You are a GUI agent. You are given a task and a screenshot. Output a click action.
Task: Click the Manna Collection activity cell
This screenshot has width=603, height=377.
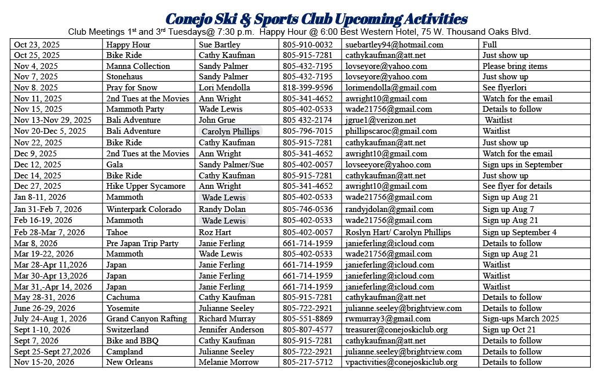[138, 66]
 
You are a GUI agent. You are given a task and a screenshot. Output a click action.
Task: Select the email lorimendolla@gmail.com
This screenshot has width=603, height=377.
[391, 87]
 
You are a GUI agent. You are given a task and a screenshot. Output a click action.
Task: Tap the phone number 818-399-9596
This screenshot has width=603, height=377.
[307, 87]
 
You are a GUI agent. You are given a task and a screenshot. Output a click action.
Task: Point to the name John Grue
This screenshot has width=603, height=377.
[217, 120]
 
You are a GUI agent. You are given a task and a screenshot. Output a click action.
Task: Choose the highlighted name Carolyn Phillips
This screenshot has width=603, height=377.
[231, 131]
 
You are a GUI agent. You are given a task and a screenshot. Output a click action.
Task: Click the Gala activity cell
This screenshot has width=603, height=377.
[115, 164]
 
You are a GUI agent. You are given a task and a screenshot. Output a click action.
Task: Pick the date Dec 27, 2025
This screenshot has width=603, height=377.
[38, 186]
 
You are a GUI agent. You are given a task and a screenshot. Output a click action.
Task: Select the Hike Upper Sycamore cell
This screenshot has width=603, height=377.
[146, 186]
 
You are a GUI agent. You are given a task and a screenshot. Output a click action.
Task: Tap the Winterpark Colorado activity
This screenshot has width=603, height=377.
[143, 209]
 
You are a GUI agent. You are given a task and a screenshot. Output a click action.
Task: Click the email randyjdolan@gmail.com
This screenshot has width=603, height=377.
[389, 209]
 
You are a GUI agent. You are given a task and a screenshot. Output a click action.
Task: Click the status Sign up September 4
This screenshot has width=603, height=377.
[520, 232]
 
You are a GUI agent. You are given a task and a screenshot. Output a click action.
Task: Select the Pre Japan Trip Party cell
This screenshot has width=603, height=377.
[142, 243]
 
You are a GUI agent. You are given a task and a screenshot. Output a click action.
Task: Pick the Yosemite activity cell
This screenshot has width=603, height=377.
[123, 308]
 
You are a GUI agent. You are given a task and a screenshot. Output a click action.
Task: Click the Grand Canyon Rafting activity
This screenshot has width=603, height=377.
[146, 319]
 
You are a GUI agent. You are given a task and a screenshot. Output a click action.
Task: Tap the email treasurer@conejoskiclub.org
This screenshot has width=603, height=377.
[397, 330]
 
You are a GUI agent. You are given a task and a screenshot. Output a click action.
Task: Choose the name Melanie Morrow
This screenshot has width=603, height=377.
[228, 362]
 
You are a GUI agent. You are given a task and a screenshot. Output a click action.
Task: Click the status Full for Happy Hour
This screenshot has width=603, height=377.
[490, 45]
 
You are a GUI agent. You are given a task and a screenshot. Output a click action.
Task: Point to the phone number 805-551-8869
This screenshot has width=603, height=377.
[307, 319]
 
